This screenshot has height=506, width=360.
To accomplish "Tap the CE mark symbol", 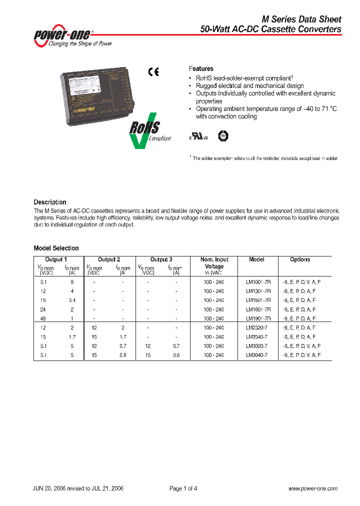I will (153, 72).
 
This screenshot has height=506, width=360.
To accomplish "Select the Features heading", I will (201, 68).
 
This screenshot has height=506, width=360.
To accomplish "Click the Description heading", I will (50, 202).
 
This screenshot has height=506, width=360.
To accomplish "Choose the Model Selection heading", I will (56, 248).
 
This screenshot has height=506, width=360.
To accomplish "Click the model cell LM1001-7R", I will (258, 281).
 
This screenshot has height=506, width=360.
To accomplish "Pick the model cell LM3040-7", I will (256, 354).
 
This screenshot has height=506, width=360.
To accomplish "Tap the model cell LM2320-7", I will (256, 327).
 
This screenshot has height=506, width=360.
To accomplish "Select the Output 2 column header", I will (109, 259).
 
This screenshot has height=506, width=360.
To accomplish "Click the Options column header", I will (300, 259).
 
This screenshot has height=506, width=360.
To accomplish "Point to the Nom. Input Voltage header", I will (214, 263).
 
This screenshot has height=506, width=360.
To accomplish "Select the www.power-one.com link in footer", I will (313, 488).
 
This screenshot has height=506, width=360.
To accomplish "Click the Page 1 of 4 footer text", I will (183, 488).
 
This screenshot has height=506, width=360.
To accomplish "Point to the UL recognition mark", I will (194, 136).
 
